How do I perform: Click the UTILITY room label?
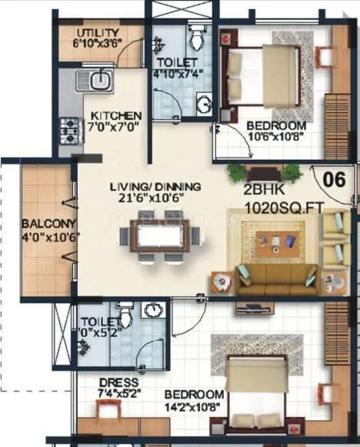point(98,33)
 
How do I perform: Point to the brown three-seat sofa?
point(277,279)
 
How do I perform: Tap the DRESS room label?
point(119,382)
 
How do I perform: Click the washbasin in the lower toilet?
point(154,310)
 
